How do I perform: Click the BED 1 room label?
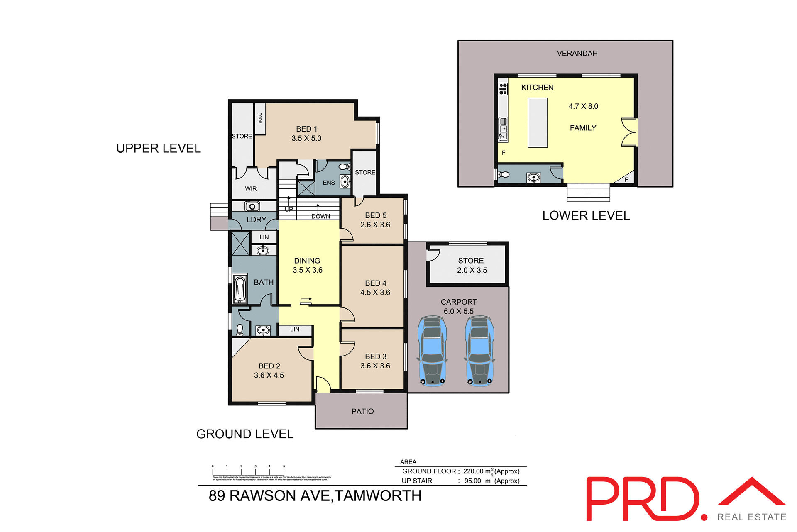click(x=306, y=129)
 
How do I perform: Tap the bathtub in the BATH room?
click(x=240, y=288)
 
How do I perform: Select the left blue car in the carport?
click(x=433, y=351)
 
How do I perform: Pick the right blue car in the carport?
click(x=480, y=351)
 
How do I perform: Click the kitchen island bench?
click(x=538, y=123)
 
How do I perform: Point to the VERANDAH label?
click(x=577, y=54)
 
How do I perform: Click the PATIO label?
click(x=362, y=411)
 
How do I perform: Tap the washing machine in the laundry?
click(x=252, y=206)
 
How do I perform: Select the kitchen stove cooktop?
click(x=503, y=88)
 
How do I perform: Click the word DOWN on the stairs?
click(x=321, y=216)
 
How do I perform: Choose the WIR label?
click(x=251, y=189)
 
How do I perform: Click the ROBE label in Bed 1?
click(x=260, y=118)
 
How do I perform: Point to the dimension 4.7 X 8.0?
click(x=583, y=106)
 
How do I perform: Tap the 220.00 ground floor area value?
click(x=473, y=471)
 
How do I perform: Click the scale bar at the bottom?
click(x=248, y=471)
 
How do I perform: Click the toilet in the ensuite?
click(x=344, y=167)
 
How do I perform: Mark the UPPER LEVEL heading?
click(x=158, y=149)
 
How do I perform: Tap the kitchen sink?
click(x=503, y=129)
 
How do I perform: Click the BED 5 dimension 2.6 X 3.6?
click(x=375, y=225)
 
